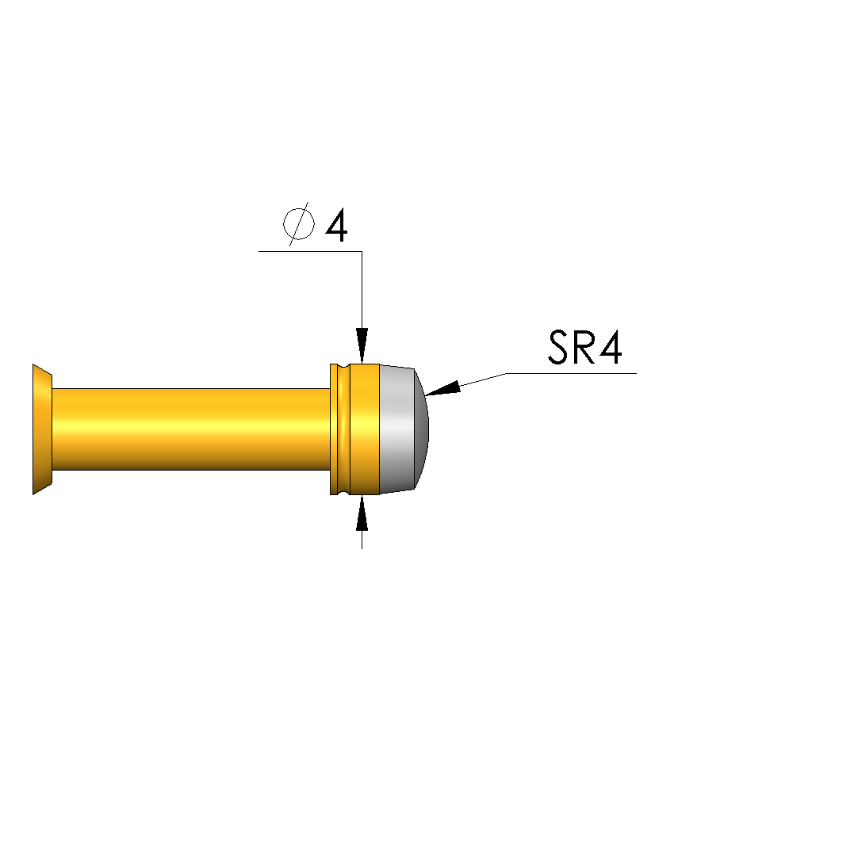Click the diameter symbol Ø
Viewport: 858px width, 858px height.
point(299,223)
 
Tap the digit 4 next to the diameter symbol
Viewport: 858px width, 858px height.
point(337,226)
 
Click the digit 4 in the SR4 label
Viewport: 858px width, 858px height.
point(611,348)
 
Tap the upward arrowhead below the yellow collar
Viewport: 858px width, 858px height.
point(362,513)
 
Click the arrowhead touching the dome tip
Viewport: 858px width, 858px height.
point(442,388)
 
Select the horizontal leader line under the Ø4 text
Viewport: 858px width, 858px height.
point(311,252)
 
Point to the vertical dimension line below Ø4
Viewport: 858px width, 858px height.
point(362,290)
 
